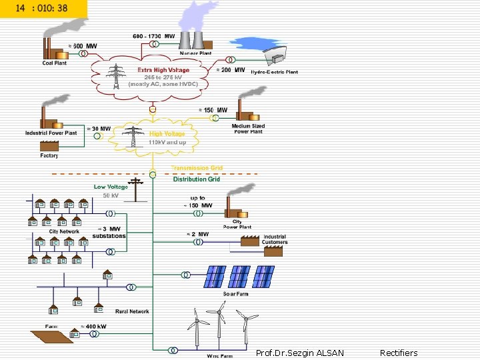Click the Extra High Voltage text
(x=163, y=69)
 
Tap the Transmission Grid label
(x=197, y=168)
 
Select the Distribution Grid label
(x=196, y=179)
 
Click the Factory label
(x=49, y=156)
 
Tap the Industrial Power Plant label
(x=51, y=133)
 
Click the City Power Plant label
(x=237, y=223)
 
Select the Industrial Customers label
(x=275, y=239)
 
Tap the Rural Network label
(x=132, y=311)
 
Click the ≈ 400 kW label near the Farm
(x=93, y=327)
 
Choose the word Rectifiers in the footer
(x=398, y=353)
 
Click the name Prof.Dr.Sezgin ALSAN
(x=300, y=353)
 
